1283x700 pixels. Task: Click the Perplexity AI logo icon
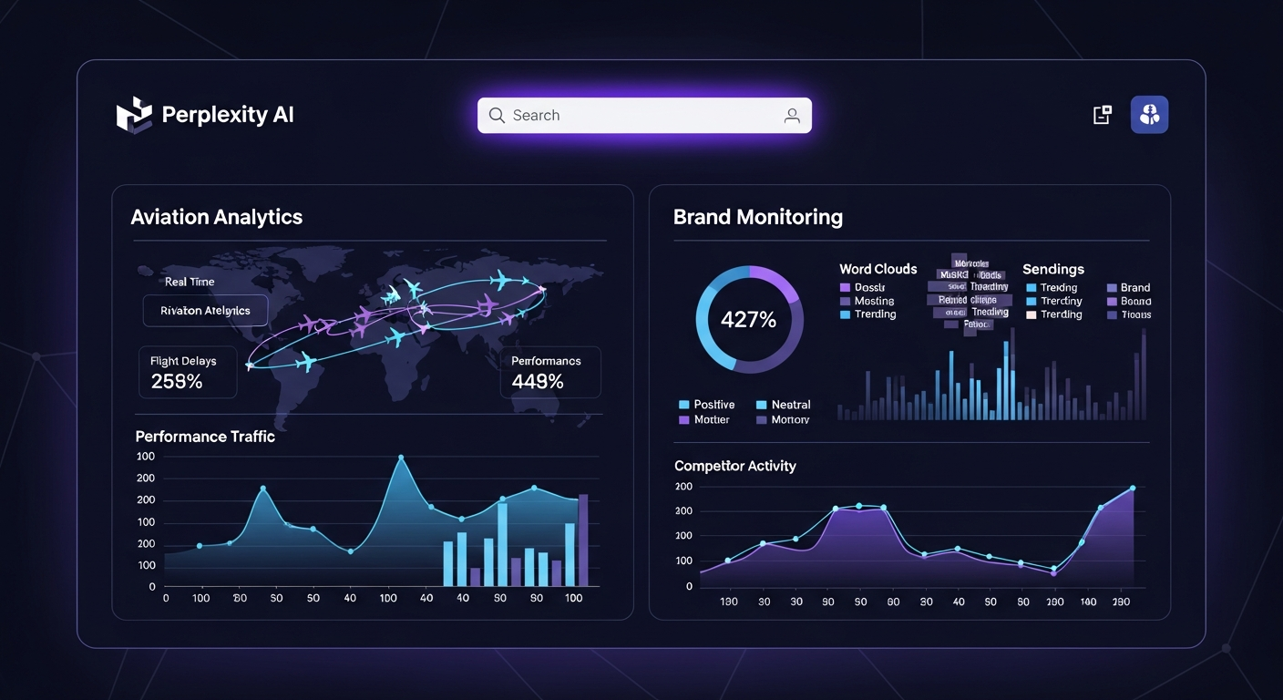click(133, 115)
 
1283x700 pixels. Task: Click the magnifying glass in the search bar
click(497, 116)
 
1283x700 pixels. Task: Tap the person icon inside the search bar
click(792, 116)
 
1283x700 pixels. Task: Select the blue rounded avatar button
click(1149, 115)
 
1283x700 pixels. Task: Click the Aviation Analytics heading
click(216, 217)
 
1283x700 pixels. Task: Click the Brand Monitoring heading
click(757, 217)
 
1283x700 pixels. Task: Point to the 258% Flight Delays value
click(177, 381)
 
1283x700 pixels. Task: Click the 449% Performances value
click(538, 381)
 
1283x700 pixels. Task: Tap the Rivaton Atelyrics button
click(205, 311)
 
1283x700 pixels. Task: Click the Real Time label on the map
click(190, 282)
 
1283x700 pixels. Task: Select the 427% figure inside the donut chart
click(748, 320)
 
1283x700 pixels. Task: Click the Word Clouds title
click(878, 269)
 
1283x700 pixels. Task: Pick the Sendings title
click(1052, 269)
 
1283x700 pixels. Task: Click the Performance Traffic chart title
click(205, 437)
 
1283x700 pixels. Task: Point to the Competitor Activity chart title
click(734, 466)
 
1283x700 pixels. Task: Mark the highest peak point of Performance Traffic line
click(401, 458)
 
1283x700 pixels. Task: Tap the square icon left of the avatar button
click(1102, 115)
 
